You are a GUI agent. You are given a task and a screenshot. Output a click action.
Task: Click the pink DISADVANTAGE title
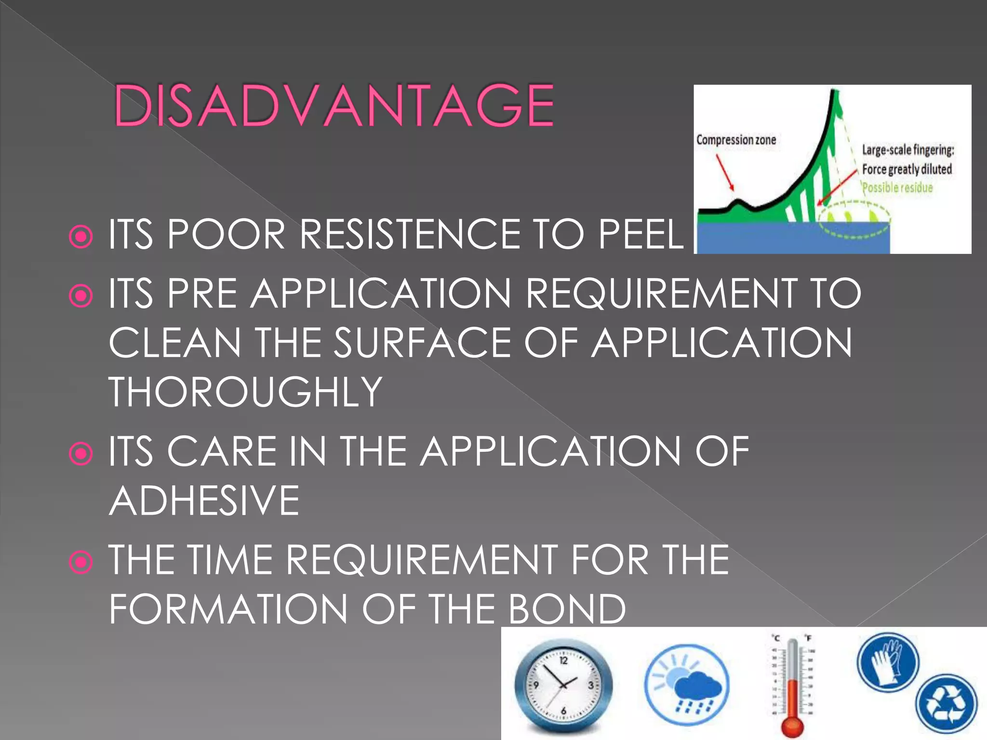(x=333, y=106)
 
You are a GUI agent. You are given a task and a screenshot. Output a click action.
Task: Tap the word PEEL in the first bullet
(x=640, y=235)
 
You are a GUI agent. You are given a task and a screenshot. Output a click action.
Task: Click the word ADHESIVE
(x=204, y=501)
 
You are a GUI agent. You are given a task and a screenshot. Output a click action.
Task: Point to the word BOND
(x=567, y=609)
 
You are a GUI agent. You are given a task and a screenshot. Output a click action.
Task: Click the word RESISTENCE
(x=409, y=235)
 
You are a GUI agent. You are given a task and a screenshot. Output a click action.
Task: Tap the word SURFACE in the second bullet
(x=423, y=343)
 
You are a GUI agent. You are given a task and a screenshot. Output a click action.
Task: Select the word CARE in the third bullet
(x=222, y=451)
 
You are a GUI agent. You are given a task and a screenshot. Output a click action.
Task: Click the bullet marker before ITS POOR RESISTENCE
(x=80, y=237)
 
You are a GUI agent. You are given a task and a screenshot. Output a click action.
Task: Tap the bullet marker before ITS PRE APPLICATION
(x=80, y=296)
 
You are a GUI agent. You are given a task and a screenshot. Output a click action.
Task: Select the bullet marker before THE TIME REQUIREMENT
(x=80, y=562)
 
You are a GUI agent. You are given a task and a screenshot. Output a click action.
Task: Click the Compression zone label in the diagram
(x=736, y=140)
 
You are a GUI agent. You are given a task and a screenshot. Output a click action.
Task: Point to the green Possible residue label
(x=897, y=188)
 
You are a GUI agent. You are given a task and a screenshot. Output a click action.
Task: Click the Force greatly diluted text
(x=907, y=169)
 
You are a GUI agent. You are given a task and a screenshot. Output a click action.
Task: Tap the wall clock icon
(x=563, y=685)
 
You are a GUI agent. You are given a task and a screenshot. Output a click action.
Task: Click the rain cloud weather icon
(x=687, y=685)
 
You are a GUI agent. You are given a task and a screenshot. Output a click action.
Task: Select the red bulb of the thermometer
(x=792, y=725)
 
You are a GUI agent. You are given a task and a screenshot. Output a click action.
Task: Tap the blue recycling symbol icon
(x=946, y=703)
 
